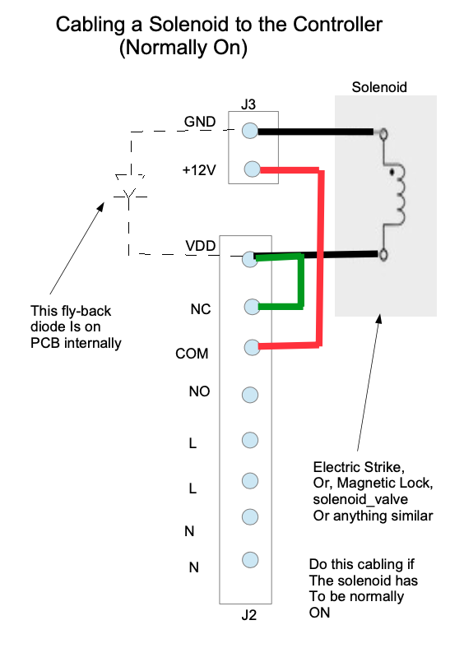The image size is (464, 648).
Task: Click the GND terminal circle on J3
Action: (250, 131)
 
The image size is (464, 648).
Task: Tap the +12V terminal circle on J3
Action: (253, 169)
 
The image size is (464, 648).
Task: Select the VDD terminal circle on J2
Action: (250, 259)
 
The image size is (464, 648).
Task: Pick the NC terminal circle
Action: (252, 307)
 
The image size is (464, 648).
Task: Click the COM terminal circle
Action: (252, 347)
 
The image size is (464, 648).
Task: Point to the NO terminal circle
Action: (250, 395)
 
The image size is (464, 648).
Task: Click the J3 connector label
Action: (248, 104)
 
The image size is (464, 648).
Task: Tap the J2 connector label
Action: (249, 615)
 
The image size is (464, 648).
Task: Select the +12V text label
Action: (199, 170)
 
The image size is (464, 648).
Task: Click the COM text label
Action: (192, 354)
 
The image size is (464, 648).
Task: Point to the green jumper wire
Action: (301, 281)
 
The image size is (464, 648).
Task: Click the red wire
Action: (319, 257)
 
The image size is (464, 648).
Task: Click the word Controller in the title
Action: (337, 25)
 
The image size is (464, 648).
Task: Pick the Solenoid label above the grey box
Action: (379, 87)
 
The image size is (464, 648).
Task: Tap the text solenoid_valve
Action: (360, 499)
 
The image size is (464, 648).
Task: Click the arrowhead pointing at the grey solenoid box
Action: (378, 319)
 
